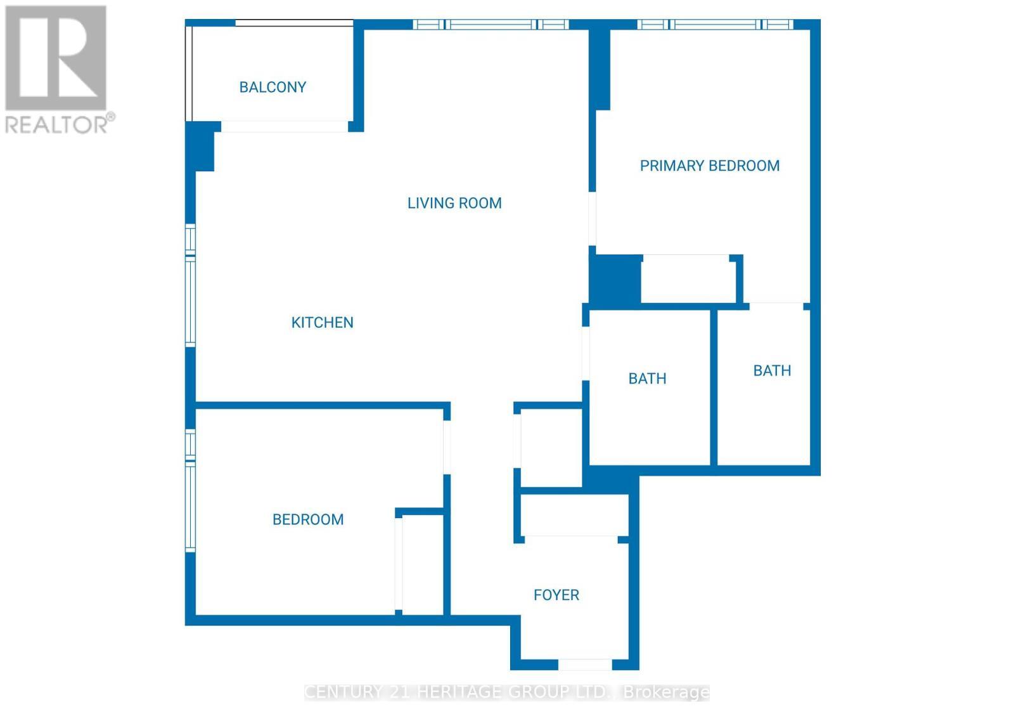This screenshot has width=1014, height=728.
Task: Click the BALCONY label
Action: [x=273, y=87]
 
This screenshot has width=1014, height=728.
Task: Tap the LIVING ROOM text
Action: [x=454, y=203]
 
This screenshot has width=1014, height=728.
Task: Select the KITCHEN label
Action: [x=322, y=322]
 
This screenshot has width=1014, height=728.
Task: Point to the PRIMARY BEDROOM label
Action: [x=709, y=166]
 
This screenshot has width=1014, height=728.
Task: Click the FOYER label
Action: [x=556, y=595]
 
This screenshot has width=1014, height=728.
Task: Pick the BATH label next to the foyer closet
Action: [x=647, y=379]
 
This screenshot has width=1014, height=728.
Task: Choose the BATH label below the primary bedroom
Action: [x=772, y=370]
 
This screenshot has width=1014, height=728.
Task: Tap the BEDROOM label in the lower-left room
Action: [x=308, y=519]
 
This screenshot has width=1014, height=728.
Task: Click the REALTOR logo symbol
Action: [x=56, y=58]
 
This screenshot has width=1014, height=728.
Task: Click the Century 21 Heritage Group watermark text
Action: [x=507, y=692]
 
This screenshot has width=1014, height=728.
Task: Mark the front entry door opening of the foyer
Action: [x=584, y=665]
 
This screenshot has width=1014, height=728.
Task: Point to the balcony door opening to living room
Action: [x=285, y=127]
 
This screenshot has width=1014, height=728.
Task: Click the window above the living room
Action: [x=491, y=25]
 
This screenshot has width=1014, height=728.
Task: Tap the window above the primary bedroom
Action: [x=715, y=25]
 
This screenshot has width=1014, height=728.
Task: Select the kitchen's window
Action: [x=190, y=285]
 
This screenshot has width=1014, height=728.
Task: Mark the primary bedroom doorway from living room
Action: [x=592, y=219]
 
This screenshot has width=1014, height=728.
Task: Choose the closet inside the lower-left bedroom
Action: [x=422, y=564]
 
